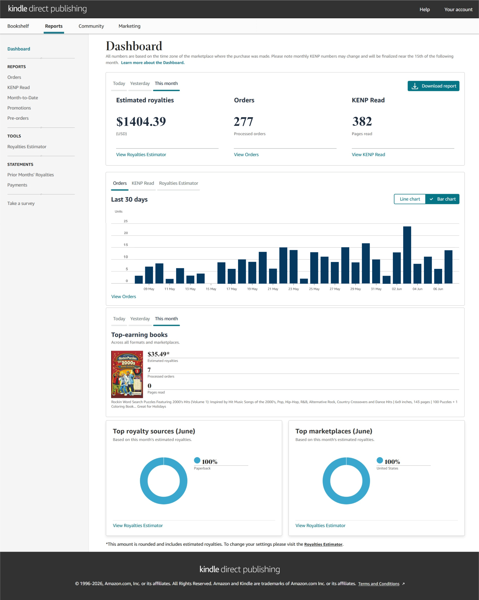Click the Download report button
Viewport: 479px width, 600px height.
(x=433, y=86)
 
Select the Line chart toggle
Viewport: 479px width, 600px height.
(x=410, y=199)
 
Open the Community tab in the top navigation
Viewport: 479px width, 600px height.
(x=91, y=26)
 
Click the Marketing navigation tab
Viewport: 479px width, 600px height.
(x=129, y=26)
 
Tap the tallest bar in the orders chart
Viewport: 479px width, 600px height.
(x=407, y=255)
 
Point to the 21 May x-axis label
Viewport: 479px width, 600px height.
(x=273, y=289)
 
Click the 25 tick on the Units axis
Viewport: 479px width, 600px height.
(x=126, y=221)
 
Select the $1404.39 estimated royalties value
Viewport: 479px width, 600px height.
(x=141, y=122)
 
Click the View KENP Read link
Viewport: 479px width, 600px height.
(x=368, y=154)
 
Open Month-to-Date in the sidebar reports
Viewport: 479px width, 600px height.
(x=23, y=98)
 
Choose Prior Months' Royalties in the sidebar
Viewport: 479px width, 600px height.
(x=31, y=175)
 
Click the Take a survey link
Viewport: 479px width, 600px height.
(x=21, y=203)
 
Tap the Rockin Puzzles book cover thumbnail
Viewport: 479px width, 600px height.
(x=127, y=374)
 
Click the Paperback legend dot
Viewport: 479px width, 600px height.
(x=197, y=460)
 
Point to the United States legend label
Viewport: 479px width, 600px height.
(x=387, y=468)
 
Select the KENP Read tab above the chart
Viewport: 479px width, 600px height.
(x=143, y=183)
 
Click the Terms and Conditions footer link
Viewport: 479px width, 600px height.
(x=379, y=584)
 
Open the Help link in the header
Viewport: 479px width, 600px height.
(x=425, y=9)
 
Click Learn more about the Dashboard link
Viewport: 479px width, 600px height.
(x=153, y=63)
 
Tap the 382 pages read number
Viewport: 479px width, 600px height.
(x=362, y=122)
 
